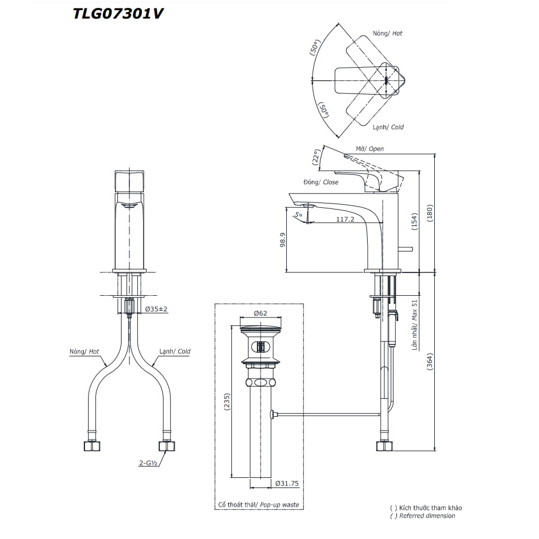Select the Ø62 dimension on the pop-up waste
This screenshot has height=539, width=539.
(x=260, y=313)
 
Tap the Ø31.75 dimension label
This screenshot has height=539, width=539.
(x=287, y=483)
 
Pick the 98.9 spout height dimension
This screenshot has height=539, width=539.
(x=283, y=240)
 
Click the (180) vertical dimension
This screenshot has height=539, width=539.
(x=438, y=213)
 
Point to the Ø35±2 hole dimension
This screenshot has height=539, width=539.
(x=157, y=310)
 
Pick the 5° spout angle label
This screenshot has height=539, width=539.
(x=298, y=213)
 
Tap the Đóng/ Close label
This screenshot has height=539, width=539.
(x=321, y=182)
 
